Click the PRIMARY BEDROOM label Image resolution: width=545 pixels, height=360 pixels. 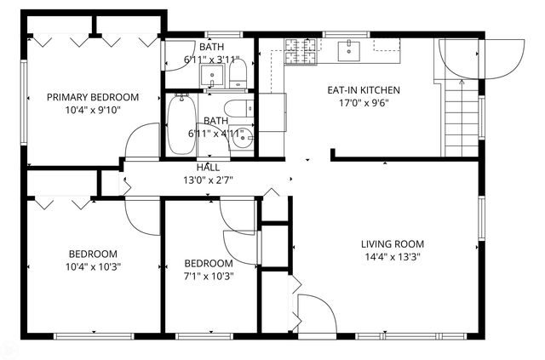pyautogui.click(x=93, y=97)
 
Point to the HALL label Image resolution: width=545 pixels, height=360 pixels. pyautogui.click(x=209, y=167)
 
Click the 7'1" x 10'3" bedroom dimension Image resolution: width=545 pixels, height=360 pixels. pyautogui.click(x=209, y=276)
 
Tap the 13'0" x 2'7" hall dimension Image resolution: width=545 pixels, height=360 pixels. pyautogui.click(x=209, y=179)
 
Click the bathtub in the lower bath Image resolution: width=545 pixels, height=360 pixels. pyautogui.click(x=180, y=123)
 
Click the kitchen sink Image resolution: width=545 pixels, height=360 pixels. pyautogui.click(x=350, y=51)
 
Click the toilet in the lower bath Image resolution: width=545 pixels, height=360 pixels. pyautogui.click(x=241, y=108)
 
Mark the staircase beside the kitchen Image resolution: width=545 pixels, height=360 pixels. pyautogui.click(x=460, y=119)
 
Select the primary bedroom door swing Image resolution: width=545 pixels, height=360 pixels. pyautogui.click(x=142, y=142)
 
